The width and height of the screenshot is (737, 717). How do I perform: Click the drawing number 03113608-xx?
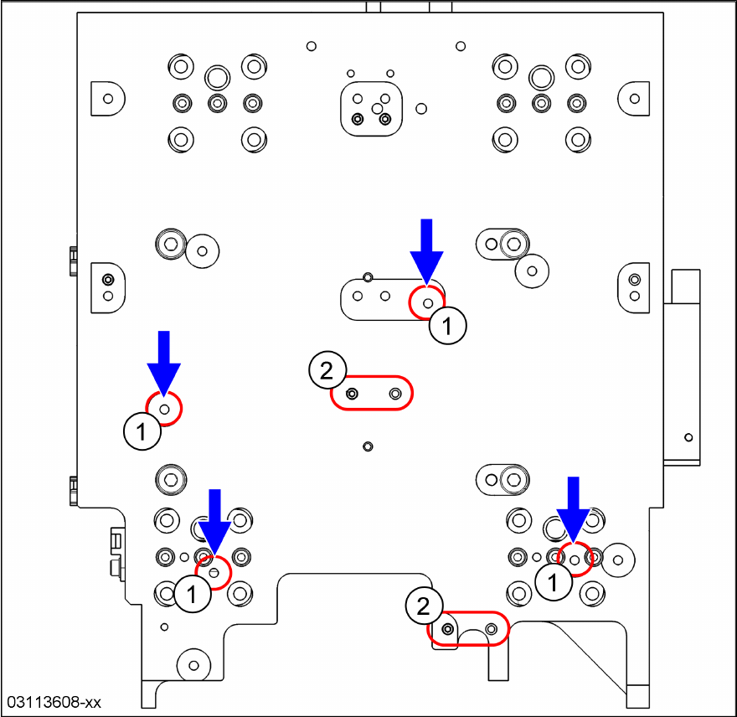54,701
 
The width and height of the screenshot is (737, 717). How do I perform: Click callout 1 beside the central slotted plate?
448,325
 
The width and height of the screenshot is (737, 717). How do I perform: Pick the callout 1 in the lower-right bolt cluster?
553,581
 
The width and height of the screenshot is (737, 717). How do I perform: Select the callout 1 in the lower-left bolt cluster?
192,595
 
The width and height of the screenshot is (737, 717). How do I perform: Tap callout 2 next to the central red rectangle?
327,369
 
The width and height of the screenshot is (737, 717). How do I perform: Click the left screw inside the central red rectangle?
353,393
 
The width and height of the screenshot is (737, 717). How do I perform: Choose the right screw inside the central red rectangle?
395,393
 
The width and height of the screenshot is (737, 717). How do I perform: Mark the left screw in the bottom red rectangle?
448,628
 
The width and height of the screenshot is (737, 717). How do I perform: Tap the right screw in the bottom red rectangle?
492,627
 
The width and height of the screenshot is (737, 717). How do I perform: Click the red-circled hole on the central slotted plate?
427,302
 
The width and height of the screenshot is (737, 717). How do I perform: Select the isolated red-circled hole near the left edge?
165,409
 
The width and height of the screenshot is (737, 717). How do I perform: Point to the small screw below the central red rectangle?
368,446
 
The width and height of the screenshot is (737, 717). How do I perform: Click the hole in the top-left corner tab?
107,98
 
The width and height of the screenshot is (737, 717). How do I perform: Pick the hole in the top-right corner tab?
634,98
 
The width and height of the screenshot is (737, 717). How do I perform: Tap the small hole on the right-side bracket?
688,437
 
